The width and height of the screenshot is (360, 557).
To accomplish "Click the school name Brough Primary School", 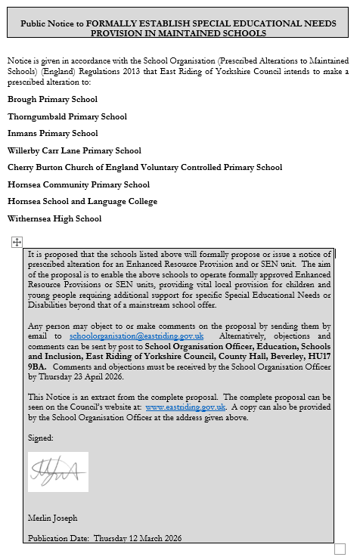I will click(52, 100).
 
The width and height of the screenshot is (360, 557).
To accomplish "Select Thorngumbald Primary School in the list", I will click(67, 116).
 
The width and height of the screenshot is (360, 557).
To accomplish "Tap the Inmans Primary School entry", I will click(52, 134).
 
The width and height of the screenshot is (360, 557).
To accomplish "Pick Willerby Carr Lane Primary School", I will click(74, 150).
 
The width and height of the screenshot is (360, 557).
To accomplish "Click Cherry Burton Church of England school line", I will click(144, 168).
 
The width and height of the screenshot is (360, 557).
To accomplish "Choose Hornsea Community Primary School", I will click(78, 184).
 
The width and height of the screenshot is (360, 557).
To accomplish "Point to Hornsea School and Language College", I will click(82, 202).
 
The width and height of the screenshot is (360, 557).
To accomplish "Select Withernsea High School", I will click(54, 219).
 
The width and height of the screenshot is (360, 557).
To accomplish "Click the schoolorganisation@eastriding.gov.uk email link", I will click(137, 336).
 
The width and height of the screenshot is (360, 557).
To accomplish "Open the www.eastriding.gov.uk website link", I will click(185, 407).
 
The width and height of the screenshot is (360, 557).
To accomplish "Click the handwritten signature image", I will click(58, 472).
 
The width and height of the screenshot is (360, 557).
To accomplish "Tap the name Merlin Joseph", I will click(52, 518).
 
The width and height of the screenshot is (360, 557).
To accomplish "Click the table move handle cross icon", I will click(17, 241).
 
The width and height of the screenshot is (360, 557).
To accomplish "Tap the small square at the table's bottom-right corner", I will click(340, 549).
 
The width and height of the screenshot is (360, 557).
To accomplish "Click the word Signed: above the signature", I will click(41, 438).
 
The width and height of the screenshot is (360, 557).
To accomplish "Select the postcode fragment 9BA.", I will click(37, 366).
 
